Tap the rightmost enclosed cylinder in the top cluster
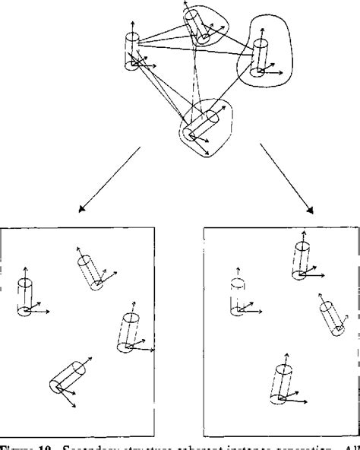tap(261, 55)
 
